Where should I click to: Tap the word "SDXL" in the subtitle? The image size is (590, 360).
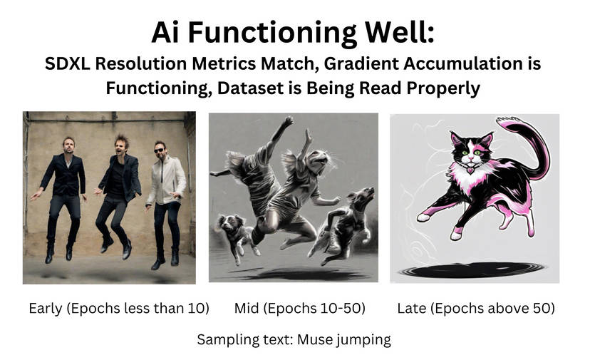point(70,64)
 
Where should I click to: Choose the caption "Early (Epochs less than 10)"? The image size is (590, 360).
point(119,308)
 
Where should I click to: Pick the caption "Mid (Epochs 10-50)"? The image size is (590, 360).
point(299,308)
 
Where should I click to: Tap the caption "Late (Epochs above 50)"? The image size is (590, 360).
point(476,308)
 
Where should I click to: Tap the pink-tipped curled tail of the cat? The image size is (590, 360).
point(531,143)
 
